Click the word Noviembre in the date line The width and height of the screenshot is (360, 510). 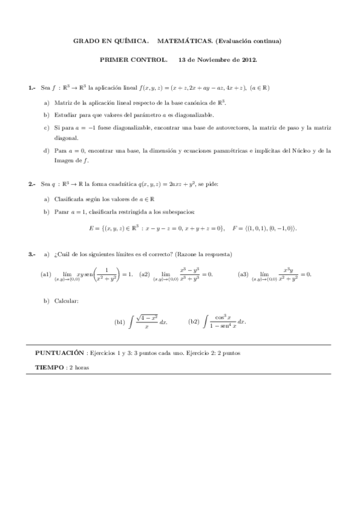pos(213,61)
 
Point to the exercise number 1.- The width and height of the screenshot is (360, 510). pos(32,88)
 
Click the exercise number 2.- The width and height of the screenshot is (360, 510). pos(32,184)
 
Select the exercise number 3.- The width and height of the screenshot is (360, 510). pos(32,255)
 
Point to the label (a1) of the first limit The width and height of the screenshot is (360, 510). pos(46,274)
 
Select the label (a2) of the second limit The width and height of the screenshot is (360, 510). pos(145,274)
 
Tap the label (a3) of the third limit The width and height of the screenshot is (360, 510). pos(243,274)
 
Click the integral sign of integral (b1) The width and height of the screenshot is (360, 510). pos(130,322)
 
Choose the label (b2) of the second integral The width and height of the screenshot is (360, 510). pos(194,322)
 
